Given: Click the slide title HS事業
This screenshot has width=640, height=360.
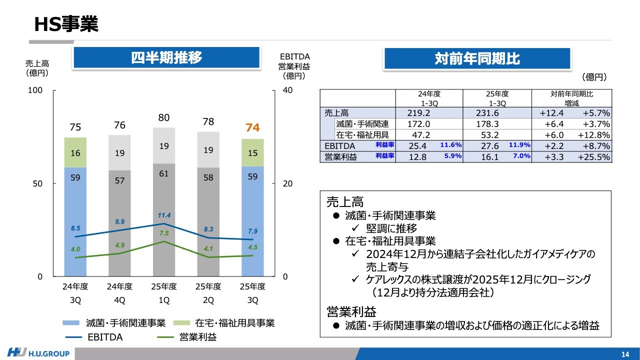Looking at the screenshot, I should tap(66, 23).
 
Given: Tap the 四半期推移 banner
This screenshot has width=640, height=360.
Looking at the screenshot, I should tap(166, 58).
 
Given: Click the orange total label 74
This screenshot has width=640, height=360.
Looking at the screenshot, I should tap(253, 128).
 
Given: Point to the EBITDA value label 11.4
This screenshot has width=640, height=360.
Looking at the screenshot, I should tap(164, 215).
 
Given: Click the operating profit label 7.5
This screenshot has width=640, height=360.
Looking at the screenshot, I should tap(164, 233).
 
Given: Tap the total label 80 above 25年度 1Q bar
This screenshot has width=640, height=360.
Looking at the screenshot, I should tap(164, 118).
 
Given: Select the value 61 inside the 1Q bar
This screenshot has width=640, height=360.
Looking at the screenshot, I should tap(164, 173).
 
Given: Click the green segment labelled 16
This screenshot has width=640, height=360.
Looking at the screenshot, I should tap(75, 153).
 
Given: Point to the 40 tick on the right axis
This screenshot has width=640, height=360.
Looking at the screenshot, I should tap(288, 90).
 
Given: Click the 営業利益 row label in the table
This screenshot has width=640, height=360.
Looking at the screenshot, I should tap(340, 157).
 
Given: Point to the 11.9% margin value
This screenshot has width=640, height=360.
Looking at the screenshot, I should tap(519, 145).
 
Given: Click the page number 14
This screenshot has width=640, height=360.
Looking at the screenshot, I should tap(625, 354).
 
